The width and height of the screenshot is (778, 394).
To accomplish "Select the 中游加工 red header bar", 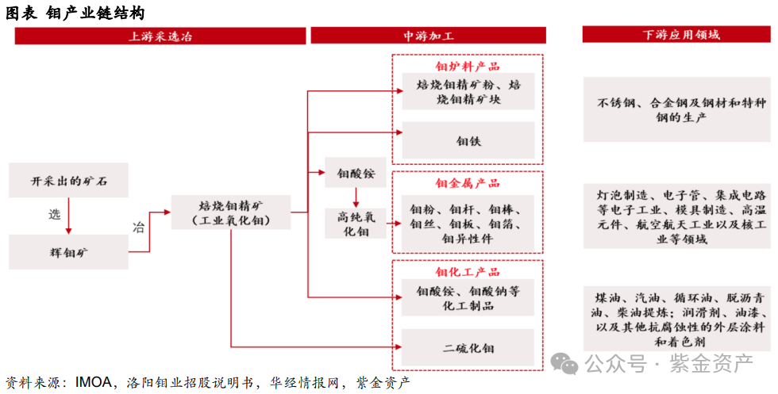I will (x=428, y=36).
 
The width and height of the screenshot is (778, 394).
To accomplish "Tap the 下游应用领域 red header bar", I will (x=676, y=35).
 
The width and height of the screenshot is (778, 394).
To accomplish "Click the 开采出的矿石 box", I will (x=68, y=182).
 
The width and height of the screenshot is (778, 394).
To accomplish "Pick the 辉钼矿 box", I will (x=68, y=252).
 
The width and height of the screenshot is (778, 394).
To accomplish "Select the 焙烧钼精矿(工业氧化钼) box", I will (x=230, y=212).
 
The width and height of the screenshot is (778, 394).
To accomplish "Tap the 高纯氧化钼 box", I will (x=355, y=224).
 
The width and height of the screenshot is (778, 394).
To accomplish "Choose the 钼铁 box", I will (x=468, y=141).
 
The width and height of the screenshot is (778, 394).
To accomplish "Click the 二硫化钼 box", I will (x=468, y=348).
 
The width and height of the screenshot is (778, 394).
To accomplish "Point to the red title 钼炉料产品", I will (x=468, y=67).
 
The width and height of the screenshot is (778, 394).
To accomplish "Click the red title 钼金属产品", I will (x=468, y=184).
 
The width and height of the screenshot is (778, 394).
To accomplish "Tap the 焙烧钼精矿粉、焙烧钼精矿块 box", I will (x=468, y=92).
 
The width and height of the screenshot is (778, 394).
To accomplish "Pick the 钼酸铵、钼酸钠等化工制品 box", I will (x=468, y=298).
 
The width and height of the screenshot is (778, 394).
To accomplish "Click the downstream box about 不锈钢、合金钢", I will (x=676, y=110).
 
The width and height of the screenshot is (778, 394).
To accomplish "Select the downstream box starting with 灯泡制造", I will (x=676, y=216).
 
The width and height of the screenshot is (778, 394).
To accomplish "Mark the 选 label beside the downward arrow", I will (x=54, y=215).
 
